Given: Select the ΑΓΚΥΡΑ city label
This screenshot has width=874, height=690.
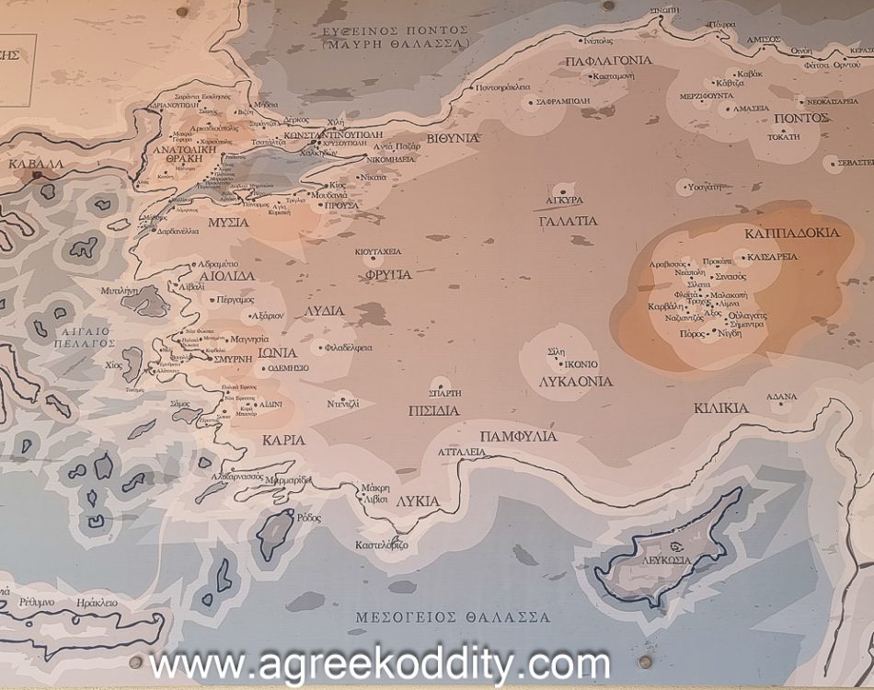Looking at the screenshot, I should pos(563,200).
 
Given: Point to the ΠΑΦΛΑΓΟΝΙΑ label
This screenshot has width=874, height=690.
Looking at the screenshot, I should pos(608,61).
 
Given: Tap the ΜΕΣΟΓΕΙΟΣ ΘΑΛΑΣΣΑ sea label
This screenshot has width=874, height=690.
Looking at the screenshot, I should pos(453,617).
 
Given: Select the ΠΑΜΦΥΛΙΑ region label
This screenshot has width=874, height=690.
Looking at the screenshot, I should pos(519,435).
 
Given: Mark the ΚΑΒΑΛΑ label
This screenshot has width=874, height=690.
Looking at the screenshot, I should pos(36,165).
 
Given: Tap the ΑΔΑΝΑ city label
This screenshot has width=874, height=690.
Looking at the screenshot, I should pos(782,397).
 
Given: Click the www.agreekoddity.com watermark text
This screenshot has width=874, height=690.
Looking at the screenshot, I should pos(380,662).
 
